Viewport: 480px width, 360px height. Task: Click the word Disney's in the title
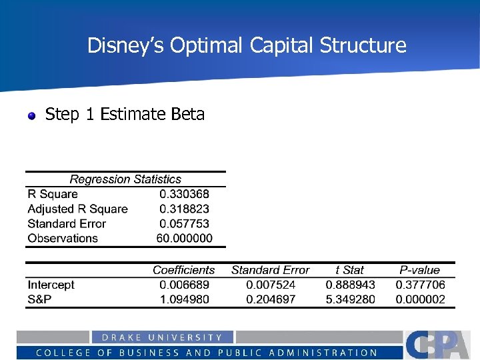point(125,45)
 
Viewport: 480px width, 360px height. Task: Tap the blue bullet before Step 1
point(31,116)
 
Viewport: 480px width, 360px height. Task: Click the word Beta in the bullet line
point(187,115)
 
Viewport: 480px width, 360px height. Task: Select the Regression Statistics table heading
point(125,179)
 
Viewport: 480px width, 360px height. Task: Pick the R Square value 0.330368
point(184,194)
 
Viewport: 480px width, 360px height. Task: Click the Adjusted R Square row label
point(77,209)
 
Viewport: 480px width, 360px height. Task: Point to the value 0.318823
point(184,209)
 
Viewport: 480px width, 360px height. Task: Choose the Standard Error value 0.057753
point(184,223)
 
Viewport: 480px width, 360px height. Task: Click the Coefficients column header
point(183,270)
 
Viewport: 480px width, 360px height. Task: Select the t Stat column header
point(349,270)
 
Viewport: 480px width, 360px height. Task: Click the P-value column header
point(419,270)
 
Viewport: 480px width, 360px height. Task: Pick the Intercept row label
point(51,285)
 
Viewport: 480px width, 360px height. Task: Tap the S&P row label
point(40,299)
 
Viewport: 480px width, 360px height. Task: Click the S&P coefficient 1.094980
point(184,299)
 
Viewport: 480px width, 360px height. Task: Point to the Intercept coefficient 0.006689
point(184,285)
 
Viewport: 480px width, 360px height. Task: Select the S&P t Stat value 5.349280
point(350,299)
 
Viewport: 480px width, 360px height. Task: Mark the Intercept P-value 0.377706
point(420,285)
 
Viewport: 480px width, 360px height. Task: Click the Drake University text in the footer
point(162,337)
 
